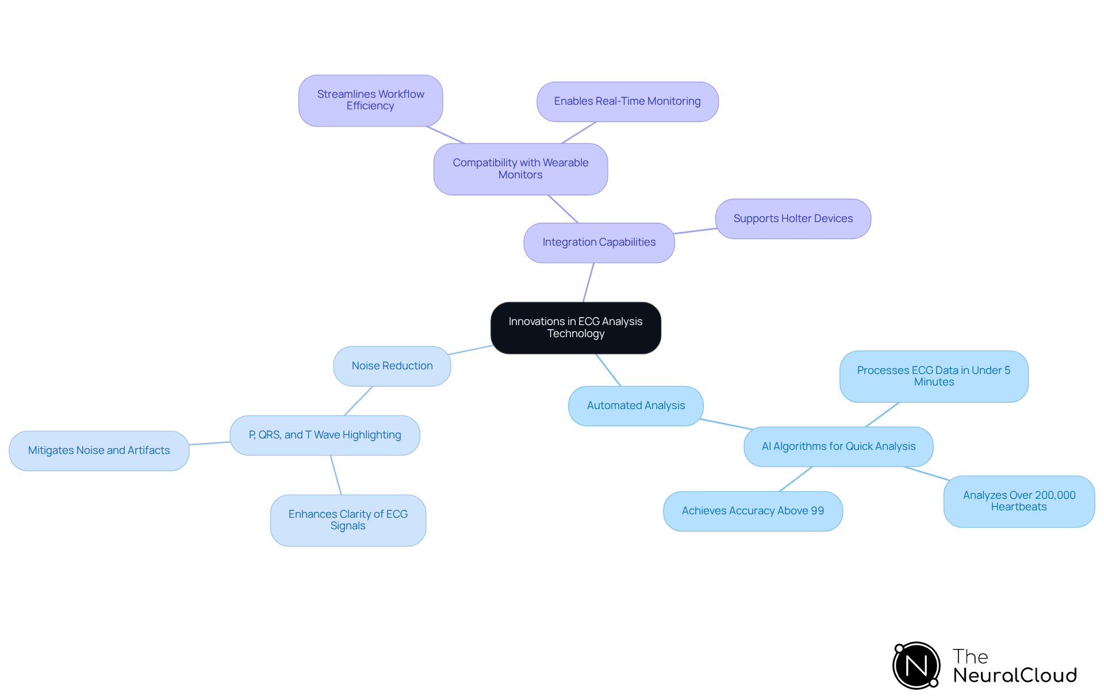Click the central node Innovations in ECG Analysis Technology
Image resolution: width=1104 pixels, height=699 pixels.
576,327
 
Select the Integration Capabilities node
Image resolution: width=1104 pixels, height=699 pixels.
599,242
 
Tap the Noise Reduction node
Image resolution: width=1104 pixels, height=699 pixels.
392,366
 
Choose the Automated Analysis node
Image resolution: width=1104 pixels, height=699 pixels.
635,406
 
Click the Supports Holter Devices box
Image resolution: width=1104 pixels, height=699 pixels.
792,219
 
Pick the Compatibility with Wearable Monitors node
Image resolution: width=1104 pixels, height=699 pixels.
520,169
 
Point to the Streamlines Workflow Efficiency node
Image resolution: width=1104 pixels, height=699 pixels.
370,100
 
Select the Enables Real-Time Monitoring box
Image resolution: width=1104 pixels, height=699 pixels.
627,101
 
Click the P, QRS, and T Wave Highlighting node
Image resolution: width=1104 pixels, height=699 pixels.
324,435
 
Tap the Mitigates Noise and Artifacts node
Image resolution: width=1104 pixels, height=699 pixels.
99,450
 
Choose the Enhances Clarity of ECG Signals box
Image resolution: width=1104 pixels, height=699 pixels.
348,520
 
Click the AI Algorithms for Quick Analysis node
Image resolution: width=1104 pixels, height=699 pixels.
838,446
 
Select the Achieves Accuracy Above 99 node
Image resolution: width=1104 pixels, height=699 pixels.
752,511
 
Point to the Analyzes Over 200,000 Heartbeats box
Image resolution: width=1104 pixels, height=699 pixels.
1018,501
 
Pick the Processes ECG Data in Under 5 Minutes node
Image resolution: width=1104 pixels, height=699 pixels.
933,376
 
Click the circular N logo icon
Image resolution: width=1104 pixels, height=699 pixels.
916,666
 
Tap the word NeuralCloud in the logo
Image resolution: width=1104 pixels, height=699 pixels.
1014,675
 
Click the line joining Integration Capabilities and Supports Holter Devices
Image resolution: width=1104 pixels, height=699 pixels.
695,231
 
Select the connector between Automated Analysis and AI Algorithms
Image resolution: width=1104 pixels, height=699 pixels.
726,424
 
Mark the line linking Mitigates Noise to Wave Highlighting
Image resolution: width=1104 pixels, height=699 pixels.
209,443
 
